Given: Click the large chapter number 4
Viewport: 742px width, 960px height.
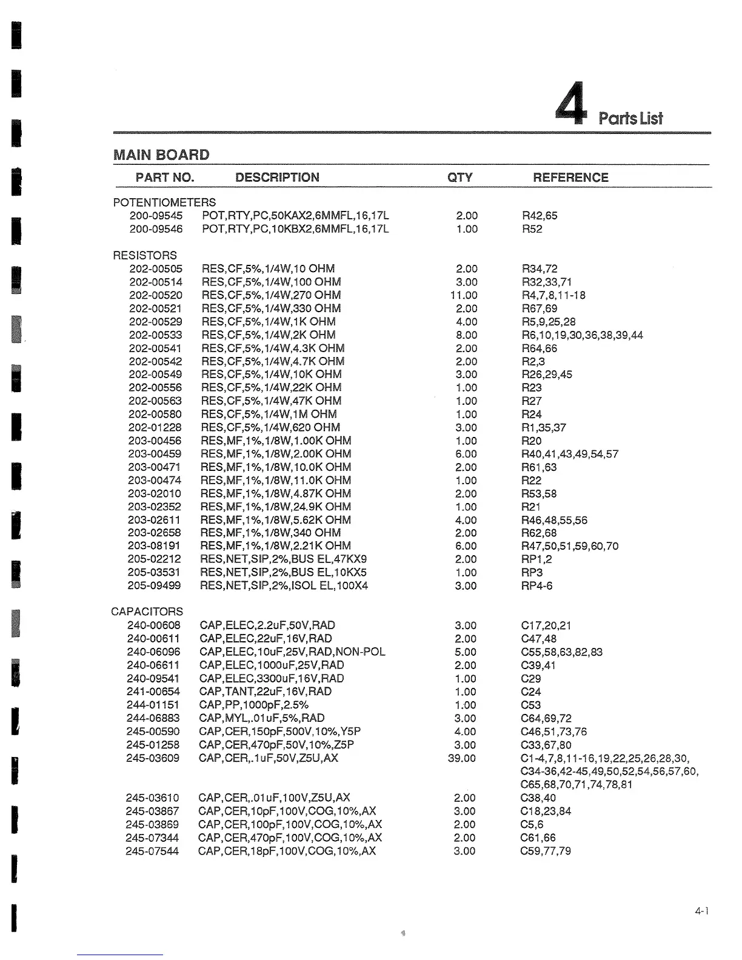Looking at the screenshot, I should tap(572, 103).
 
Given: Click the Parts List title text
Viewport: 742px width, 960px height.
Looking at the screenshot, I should tap(630, 118).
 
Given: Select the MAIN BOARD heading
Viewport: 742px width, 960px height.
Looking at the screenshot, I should tap(161, 155).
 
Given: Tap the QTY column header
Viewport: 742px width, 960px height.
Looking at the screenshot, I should tap(460, 178).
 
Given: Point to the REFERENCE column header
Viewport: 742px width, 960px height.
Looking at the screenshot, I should tap(570, 178).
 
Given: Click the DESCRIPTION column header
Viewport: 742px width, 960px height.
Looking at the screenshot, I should tap(277, 178).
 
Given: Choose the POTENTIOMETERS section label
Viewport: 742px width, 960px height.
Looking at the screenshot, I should tap(164, 202).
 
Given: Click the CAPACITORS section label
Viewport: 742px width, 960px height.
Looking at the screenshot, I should tap(147, 612).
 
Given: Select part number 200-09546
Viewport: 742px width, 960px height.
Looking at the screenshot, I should tap(156, 229).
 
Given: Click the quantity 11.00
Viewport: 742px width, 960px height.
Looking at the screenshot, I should tap(464, 295).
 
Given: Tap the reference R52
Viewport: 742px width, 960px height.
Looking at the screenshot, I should tap(532, 229).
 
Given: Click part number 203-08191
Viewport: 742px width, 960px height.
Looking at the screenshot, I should tap(155, 546).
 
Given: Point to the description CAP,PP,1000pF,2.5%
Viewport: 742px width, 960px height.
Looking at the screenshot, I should tap(253, 705).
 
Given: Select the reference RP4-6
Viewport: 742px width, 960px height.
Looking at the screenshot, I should tap(536, 586).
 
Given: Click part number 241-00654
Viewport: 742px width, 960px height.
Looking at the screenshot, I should tap(153, 692).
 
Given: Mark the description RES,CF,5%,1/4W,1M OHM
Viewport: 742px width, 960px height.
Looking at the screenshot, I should tap(269, 415).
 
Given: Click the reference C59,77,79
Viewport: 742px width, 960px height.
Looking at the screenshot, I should tap(546, 851).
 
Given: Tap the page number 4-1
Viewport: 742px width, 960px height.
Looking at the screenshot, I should tap(702, 911).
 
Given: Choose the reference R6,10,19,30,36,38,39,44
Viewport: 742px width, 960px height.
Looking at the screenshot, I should tap(582, 335).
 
